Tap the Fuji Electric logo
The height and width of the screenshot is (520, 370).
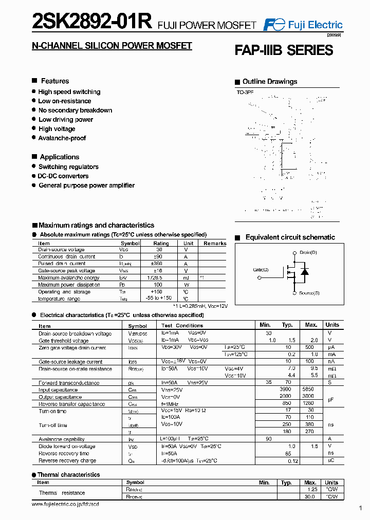(303, 25)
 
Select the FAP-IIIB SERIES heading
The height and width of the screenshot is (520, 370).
(284, 50)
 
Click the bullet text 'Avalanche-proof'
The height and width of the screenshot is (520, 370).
(62, 138)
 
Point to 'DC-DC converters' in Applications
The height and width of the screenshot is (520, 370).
(63, 176)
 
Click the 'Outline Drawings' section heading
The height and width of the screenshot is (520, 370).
(270, 82)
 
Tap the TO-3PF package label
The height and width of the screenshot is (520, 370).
(245, 91)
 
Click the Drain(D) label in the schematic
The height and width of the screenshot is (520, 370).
(308, 252)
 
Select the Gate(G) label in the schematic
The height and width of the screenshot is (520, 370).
(261, 270)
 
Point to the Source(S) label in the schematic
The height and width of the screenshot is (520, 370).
(309, 293)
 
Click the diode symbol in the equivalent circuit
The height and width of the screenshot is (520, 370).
(305, 271)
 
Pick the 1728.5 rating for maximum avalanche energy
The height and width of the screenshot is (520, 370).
(161, 277)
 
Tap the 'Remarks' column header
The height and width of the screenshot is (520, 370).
(215, 243)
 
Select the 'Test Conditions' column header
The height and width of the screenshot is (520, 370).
(182, 326)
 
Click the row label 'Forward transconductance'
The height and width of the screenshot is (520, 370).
(69, 383)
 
